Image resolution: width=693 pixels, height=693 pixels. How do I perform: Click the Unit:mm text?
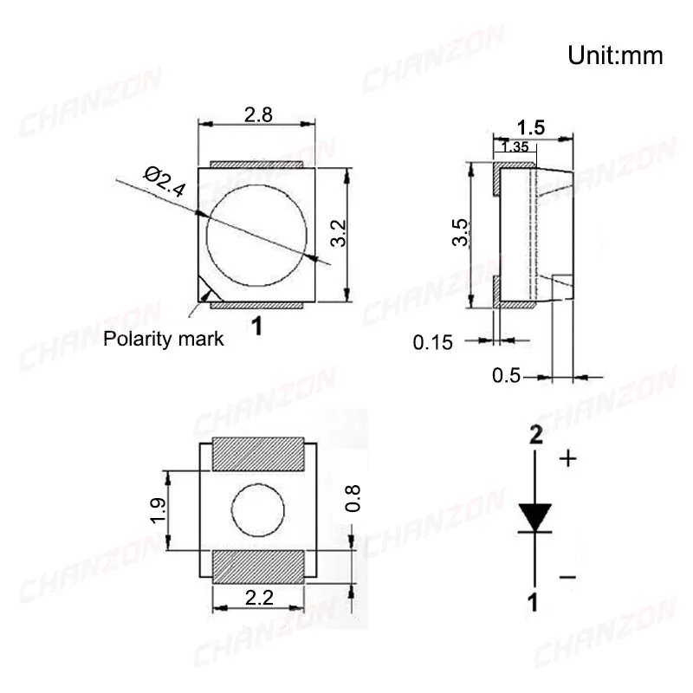[x=615, y=56]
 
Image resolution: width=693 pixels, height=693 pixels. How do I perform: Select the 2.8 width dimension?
[x=258, y=115]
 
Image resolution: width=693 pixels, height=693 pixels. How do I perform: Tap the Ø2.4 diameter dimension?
[x=165, y=182]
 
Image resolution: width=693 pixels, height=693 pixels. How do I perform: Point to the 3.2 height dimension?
[x=339, y=233]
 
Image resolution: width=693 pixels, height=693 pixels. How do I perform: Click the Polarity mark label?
[x=163, y=339]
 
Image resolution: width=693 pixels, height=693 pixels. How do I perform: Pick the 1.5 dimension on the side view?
[x=531, y=127]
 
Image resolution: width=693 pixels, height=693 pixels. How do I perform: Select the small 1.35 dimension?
[x=515, y=146]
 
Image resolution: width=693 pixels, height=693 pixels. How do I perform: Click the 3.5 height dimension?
[x=460, y=232]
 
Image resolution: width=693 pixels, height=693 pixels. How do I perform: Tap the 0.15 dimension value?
[x=432, y=342]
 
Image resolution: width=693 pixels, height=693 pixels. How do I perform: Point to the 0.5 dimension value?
[x=507, y=375]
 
